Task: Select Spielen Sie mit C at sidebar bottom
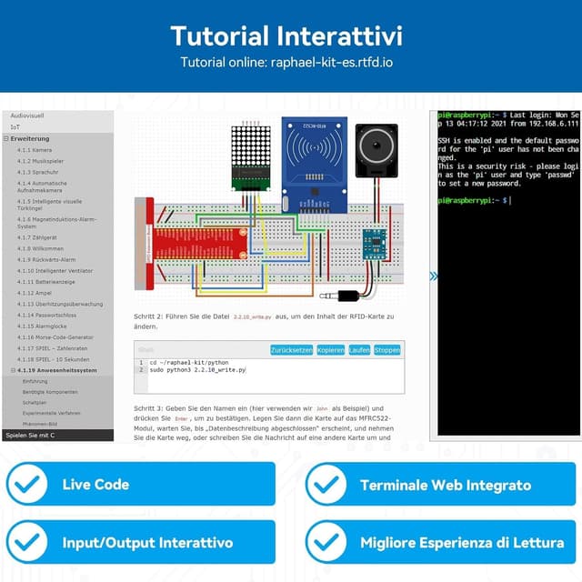coord(30,436)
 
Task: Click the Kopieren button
coord(330,350)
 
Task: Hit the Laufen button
coord(359,350)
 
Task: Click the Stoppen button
coord(386,350)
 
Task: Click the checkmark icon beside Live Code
coord(27,484)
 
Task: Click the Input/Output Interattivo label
coord(147,543)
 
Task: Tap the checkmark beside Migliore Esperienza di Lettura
coord(326,543)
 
